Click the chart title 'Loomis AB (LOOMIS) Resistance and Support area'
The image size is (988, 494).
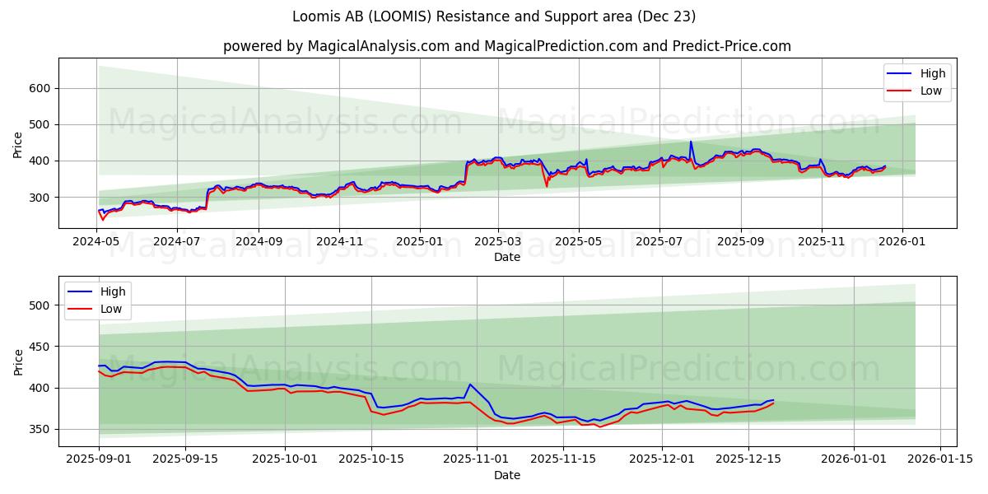click(494, 16)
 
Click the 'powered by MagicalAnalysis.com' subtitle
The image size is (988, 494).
click(507, 46)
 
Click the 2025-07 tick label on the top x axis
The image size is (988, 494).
click(659, 242)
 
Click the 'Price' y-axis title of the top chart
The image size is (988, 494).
click(18, 144)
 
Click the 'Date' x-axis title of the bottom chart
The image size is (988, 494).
click(507, 475)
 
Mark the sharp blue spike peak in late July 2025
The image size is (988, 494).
click(691, 142)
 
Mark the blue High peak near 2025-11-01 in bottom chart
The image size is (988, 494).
click(470, 384)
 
